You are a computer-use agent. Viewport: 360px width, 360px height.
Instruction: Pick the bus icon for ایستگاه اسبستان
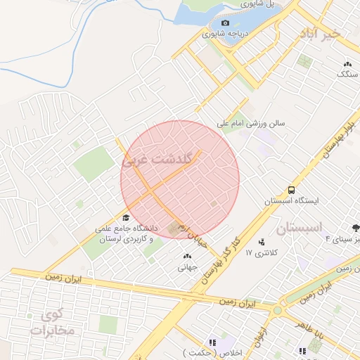[291, 190]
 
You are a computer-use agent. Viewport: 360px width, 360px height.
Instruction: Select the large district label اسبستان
[298, 229]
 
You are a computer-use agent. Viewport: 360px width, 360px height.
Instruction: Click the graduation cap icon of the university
[126, 217]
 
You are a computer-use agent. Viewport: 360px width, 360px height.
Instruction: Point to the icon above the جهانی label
[186, 256]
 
